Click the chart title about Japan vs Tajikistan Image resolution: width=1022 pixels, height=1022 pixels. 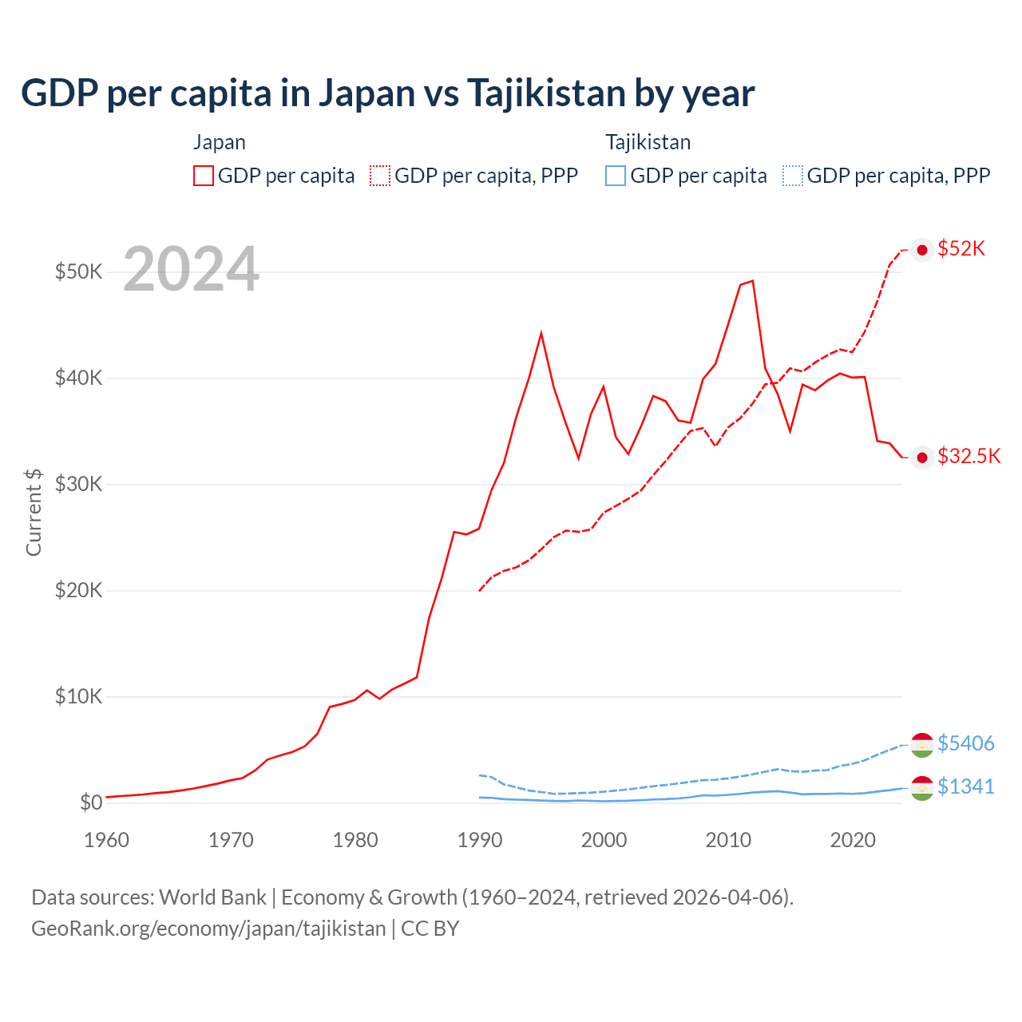pyautogui.click(x=387, y=93)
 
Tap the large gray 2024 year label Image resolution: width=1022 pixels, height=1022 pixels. pyautogui.click(x=191, y=269)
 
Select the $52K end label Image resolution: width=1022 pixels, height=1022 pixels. pyautogui.click(x=961, y=249)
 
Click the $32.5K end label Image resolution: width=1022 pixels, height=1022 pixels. pyautogui.click(x=969, y=456)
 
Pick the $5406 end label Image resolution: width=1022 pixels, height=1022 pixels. pyautogui.click(x=965, y=743)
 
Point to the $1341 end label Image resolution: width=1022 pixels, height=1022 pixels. pyautogui.click(x=965, y=786)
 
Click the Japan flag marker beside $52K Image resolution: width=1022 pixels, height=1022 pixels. pyautogui.click(x=922, y=250)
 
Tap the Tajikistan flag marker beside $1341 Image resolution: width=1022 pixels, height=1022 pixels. pyautogui.click(x=922, y=788)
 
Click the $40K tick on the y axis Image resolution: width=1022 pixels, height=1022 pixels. pyautogui.click(x=78, y=378)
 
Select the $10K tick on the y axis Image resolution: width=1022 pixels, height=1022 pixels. pyautogui.click(x=78, y=696)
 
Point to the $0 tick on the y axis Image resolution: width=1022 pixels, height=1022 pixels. pyautogui.click(x=91, y=802)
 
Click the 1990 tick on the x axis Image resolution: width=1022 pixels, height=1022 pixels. pyautogui.click(x=480, y=840)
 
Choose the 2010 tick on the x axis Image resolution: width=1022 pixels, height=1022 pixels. pyautogui.click(x=728, y=840)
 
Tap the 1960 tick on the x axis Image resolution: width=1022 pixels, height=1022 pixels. pyautogui.click(x=106, y=840)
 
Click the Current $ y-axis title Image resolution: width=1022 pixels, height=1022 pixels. pyautogui.click(x=34, y=512)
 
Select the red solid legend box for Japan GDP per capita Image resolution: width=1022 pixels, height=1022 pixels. pyautogui.click(x=204, y=176)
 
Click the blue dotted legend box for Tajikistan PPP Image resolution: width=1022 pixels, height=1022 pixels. pyautogui.click(x=792, y=176)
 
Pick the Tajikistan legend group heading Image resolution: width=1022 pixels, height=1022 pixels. pyautogui.click(x=648, y=142)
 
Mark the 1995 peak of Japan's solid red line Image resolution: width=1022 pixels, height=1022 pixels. pyautogui.click(x=541, y=332)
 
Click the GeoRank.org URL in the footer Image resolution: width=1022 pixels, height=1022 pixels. pyautogui.click(x=208, y=929)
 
